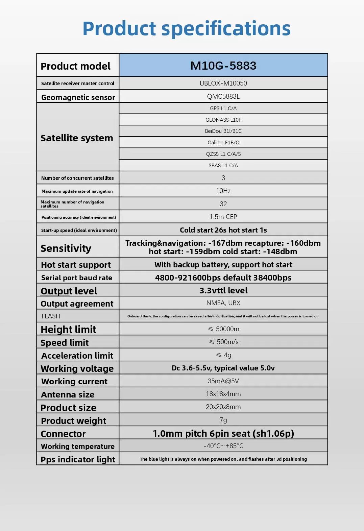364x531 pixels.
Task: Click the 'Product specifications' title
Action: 186,28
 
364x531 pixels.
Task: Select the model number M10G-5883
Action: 223,66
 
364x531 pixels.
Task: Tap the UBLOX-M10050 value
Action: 223,83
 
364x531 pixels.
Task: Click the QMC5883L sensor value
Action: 223,96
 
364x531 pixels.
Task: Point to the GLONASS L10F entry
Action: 223,120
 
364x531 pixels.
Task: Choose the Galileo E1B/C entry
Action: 223,143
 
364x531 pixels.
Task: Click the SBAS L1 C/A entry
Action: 223,166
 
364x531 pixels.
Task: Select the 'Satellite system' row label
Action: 77,138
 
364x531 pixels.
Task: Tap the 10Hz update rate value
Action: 223,191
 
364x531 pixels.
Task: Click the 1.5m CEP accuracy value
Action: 223,217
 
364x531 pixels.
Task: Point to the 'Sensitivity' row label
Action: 66,248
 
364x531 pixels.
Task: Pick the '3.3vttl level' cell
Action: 223,290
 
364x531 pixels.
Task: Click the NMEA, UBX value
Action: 223,303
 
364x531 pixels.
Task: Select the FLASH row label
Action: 51,316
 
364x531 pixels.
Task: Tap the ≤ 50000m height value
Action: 223,329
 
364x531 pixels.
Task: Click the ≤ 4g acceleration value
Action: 223,355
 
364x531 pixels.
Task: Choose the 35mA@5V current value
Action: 223,381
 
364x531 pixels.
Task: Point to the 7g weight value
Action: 223,420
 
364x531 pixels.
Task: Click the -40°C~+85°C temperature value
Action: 223,446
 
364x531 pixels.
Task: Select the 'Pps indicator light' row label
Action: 78,459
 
